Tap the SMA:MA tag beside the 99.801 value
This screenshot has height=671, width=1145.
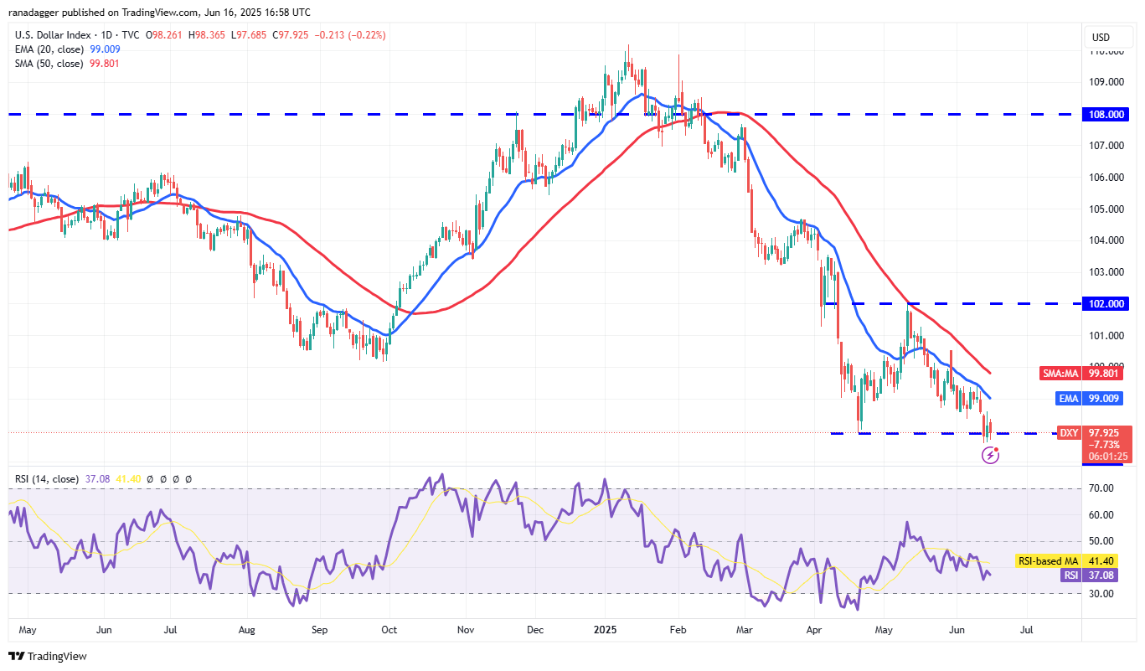point(1062,374)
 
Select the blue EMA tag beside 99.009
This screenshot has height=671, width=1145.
point(1068,399)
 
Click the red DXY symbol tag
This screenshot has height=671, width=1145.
point(1068,432)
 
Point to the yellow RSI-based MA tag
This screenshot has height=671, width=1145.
point(1047,560)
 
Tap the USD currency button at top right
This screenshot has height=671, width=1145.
point(1101,38)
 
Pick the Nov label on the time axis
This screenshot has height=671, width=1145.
point(467,628)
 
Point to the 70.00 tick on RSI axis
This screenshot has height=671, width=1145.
point(1102,488)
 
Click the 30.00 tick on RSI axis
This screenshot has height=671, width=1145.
point(1102,594)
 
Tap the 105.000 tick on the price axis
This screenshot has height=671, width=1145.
point(1103,209)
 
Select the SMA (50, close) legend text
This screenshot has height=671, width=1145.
point(48,63)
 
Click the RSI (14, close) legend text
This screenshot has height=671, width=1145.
point(47,479)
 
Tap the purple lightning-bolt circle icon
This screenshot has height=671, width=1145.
point(990,455)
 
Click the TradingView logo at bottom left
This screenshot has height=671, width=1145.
point(48,656)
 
